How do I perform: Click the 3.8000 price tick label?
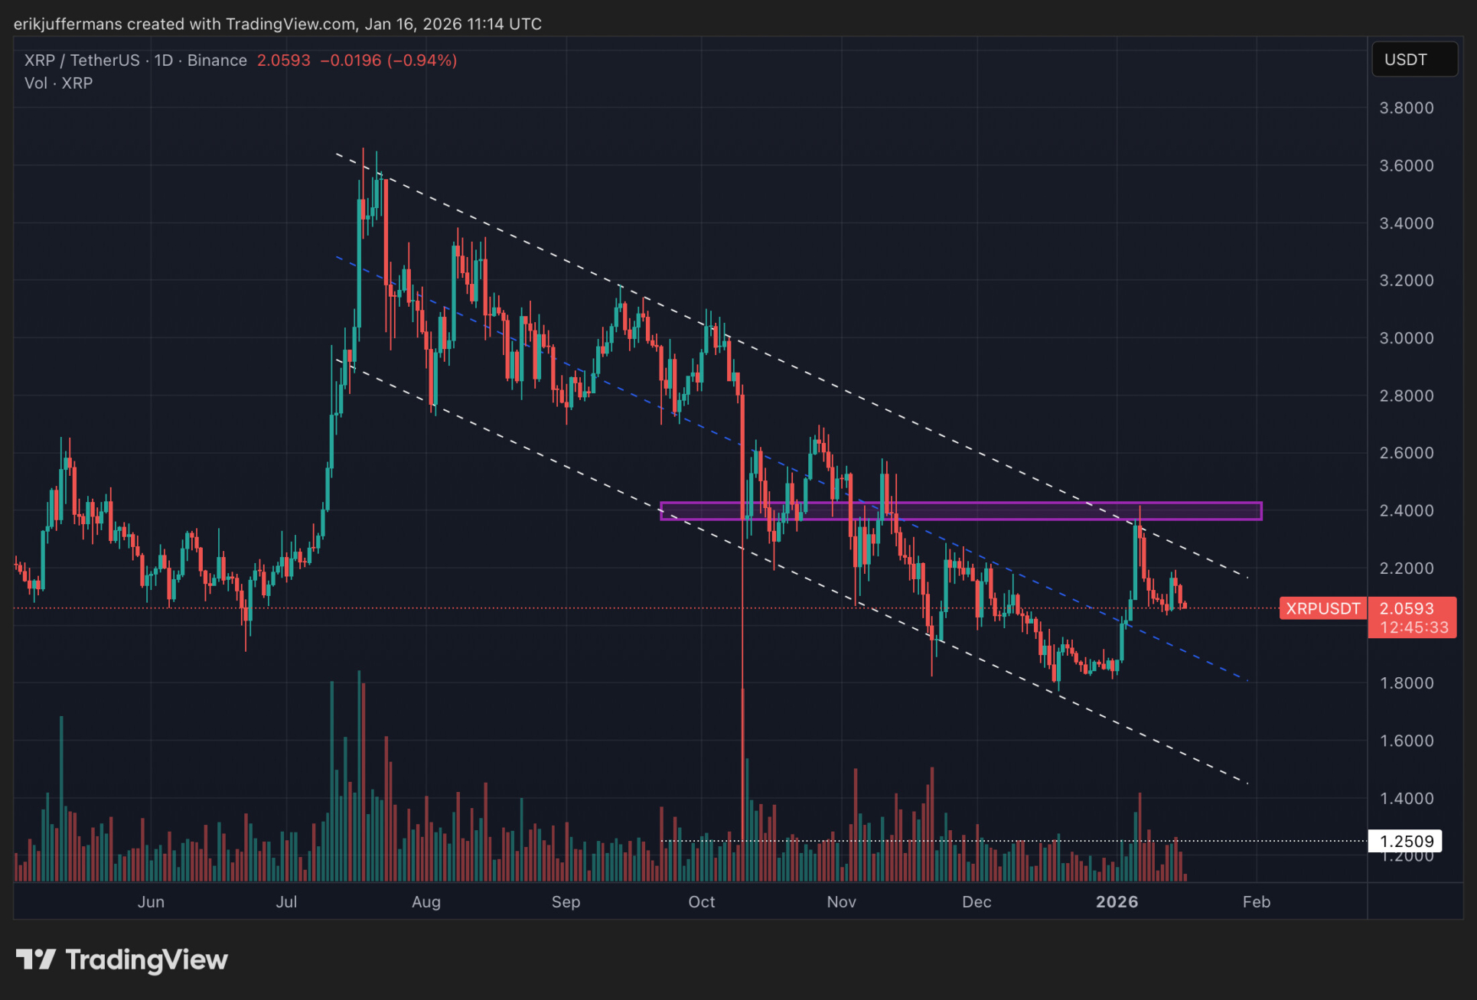1406,108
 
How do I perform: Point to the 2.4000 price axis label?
1406,510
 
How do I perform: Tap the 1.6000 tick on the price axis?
1406,741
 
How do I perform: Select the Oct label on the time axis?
701,902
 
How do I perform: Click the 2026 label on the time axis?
1117,902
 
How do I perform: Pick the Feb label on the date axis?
1256,902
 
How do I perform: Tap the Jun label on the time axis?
151,902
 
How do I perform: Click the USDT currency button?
1406,60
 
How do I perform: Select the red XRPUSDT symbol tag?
1322,608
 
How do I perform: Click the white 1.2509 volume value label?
1406,842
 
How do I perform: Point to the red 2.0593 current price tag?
1406,608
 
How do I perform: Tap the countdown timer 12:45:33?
1413,627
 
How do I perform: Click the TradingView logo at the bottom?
122,959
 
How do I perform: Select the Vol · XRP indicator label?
58,83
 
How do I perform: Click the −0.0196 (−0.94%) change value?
388,60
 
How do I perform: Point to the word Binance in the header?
217,60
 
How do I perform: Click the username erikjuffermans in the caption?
67,24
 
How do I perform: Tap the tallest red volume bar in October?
742,788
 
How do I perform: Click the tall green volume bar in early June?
61,800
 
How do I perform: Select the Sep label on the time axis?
566,902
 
